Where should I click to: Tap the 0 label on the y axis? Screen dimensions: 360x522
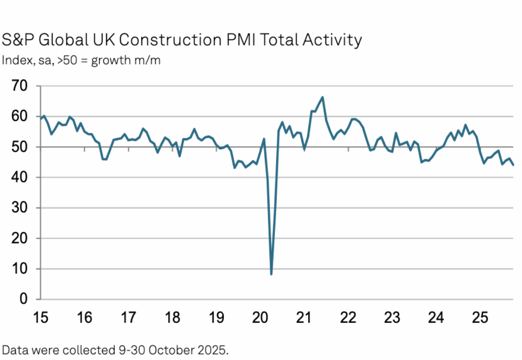coord(24,300)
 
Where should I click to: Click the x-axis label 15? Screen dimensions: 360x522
coord(40,318)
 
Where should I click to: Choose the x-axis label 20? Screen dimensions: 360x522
coord(260,318)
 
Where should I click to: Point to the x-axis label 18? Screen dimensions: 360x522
coord(173,318)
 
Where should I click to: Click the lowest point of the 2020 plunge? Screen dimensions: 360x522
coord(271,274)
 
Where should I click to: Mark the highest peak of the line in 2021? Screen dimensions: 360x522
coord(322,97)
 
